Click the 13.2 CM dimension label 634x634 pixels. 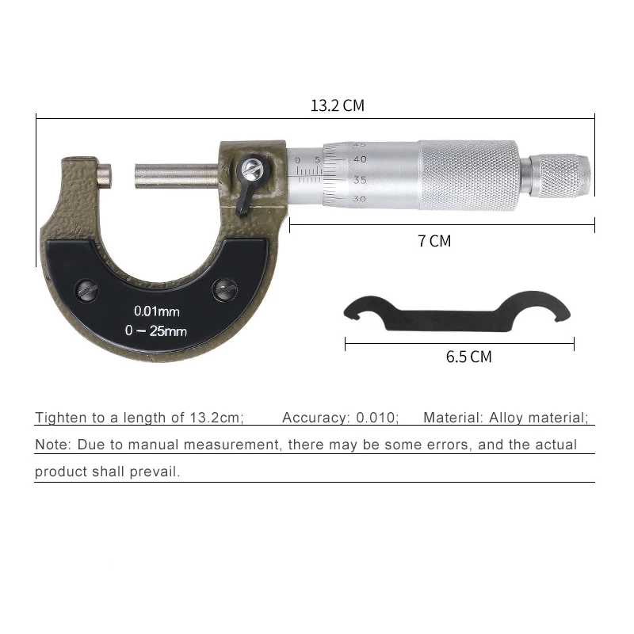pos(338,105)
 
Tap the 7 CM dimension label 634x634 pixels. pos(434,241)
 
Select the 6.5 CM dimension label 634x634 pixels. pos(468,357)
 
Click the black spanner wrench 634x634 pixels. pos(457,312)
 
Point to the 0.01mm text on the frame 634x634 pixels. pos(156,311)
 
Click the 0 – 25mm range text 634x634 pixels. pos(155,330)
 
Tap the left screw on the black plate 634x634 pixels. pos(87,290)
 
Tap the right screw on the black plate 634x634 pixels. pos(225,289)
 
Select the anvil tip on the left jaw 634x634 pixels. pos(105,175)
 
